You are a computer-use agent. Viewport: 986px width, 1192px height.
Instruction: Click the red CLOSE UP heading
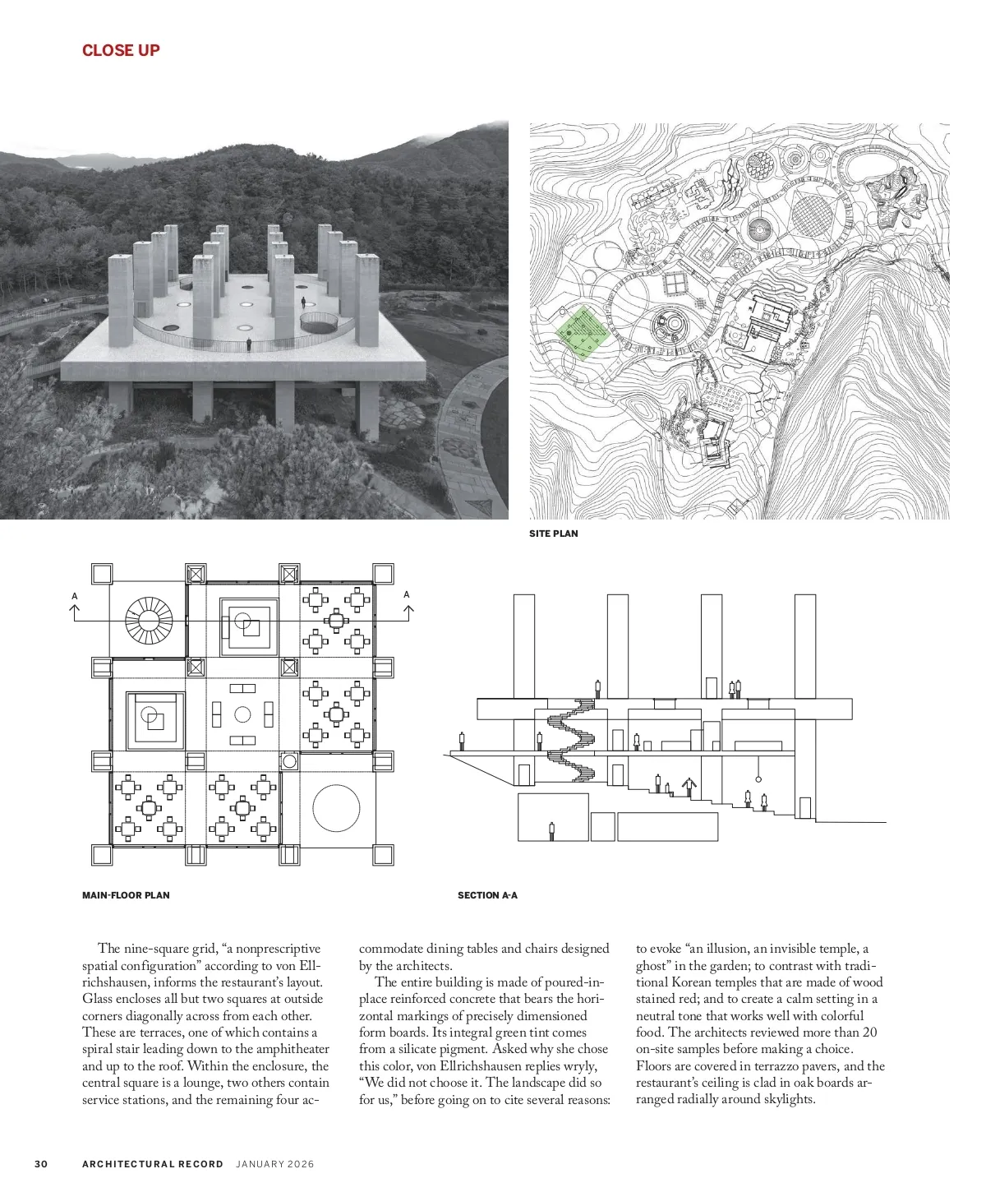pos(121,50)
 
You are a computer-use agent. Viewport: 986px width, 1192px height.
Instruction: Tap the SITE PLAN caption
pos(553,534)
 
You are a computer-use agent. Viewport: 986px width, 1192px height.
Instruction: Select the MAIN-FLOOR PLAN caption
pos(126,894)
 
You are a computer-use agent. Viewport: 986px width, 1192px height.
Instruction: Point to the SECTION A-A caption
pos(487,894)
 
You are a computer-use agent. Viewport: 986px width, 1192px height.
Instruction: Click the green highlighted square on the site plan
pos(583,334)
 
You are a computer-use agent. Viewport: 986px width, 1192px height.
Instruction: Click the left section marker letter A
pos(75,595)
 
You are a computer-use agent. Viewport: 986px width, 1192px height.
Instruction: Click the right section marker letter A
pos(407,594)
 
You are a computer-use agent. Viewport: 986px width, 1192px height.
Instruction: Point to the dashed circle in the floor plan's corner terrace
pos(335,808)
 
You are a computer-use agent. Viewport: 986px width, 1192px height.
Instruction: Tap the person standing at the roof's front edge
pos(249,345)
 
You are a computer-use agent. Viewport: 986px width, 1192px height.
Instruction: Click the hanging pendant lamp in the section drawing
pos(759,776)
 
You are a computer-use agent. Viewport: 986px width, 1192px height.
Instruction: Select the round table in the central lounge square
pos(242,714)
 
